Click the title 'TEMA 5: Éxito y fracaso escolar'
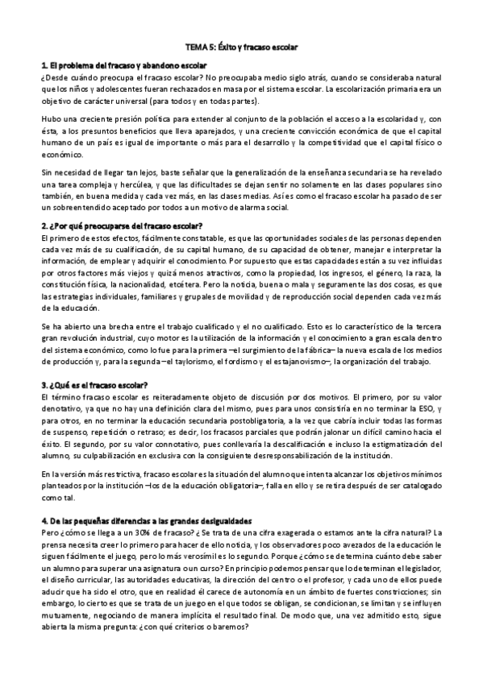tap(240, 47)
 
